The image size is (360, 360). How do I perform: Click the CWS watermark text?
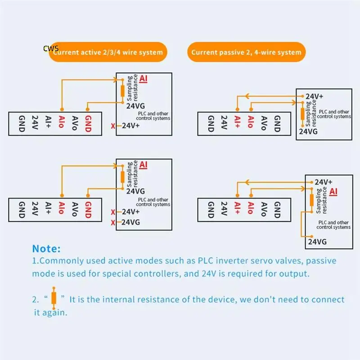pyautogui.click(x=51, y=48)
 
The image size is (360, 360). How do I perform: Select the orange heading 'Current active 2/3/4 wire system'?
pyautogui.click(x=108, y=53)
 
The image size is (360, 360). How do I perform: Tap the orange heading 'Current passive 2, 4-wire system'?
pyautogui.click(x=246, y=53)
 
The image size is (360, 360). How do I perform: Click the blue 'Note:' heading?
pyautogui.click(x=46, y=248)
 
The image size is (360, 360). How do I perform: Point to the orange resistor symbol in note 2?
pyautogui.click(x=54, y=298)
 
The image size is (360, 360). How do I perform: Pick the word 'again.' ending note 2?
pyautogui.click(x=54, y=312)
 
